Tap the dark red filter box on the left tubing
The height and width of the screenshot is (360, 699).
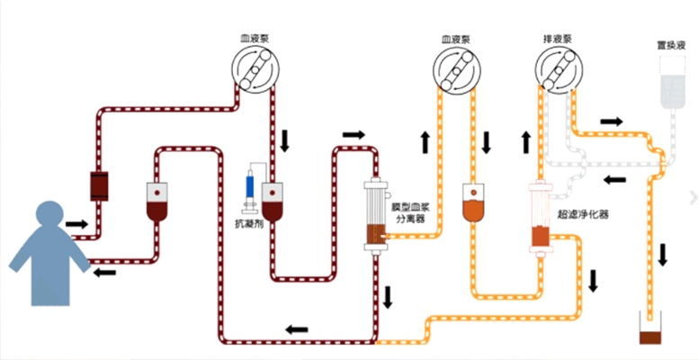(x=98, y=184)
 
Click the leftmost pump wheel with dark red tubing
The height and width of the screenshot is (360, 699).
(x=255, y=72)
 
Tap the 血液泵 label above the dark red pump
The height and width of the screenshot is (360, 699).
(x=255, y=39)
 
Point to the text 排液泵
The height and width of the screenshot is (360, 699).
(x=558, y=39)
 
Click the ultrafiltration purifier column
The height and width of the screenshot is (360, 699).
(x=540, y=216)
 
